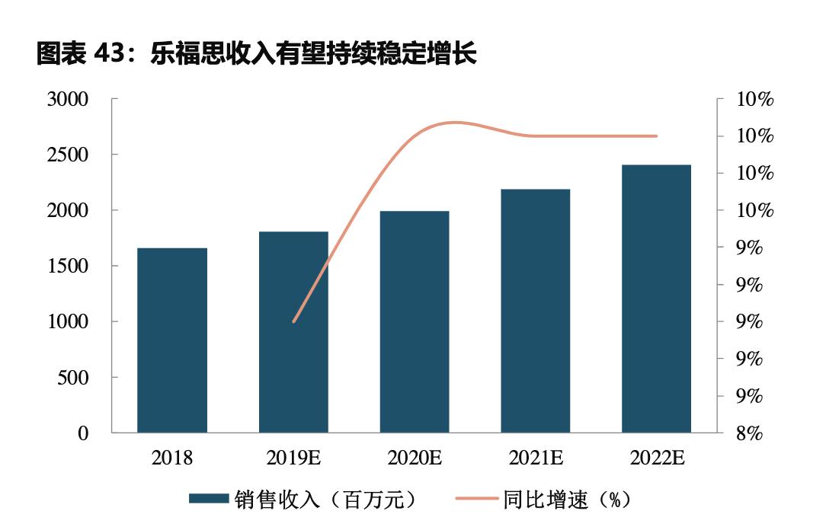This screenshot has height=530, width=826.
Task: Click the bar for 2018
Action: tap(172, 340)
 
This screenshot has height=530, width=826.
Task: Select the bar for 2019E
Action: tap(293, 332)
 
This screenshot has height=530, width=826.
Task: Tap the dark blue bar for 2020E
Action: tap(415, 322)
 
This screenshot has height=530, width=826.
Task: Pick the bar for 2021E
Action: tap(536, 311)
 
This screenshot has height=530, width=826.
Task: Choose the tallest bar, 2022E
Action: tap(656, 299)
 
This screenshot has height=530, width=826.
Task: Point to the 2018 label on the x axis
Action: tap(172, 458)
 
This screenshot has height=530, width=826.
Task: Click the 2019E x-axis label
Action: tap(293, 458)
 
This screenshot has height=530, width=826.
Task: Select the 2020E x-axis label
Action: tap(415, 458)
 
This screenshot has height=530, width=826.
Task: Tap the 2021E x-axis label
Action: tap(536, 458)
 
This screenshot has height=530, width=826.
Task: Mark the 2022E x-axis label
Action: tap(658, 458)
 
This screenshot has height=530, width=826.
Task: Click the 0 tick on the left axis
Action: tap(83, 433)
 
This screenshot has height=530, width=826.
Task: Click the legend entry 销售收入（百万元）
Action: tap(305, 499)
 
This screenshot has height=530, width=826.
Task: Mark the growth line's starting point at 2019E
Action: tap(293, 321)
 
